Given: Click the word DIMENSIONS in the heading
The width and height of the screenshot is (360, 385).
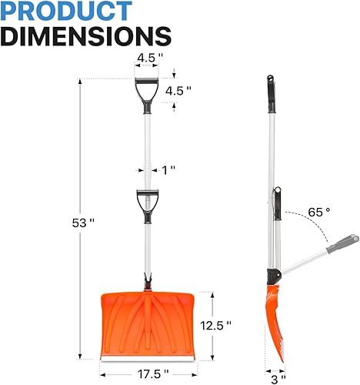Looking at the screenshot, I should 86,37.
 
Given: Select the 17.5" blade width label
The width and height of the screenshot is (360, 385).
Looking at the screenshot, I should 149,373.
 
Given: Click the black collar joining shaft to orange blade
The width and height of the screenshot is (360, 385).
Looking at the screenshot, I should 145,282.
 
